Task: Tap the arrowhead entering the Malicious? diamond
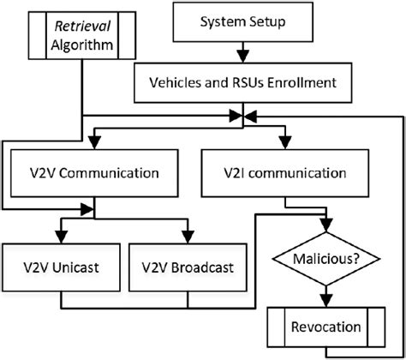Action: pos(323,225)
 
